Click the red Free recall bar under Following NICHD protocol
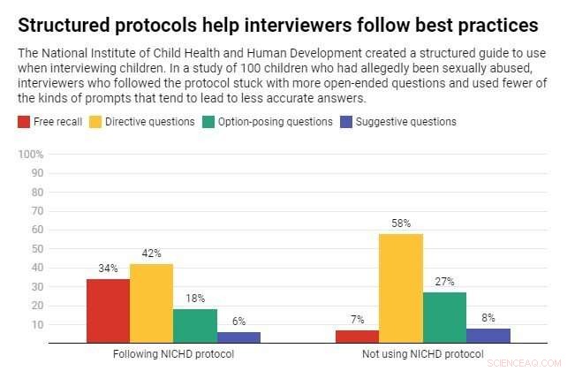click(x=108, y=310)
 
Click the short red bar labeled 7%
click(x=358, y=336)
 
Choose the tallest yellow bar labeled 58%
click(x=402, y=287)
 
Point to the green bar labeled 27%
click(x=445, y=316)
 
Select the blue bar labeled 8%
click(x=488, y=335)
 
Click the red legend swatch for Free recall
click(x=24, y=121)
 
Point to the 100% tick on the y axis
click(x=31, y=155)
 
